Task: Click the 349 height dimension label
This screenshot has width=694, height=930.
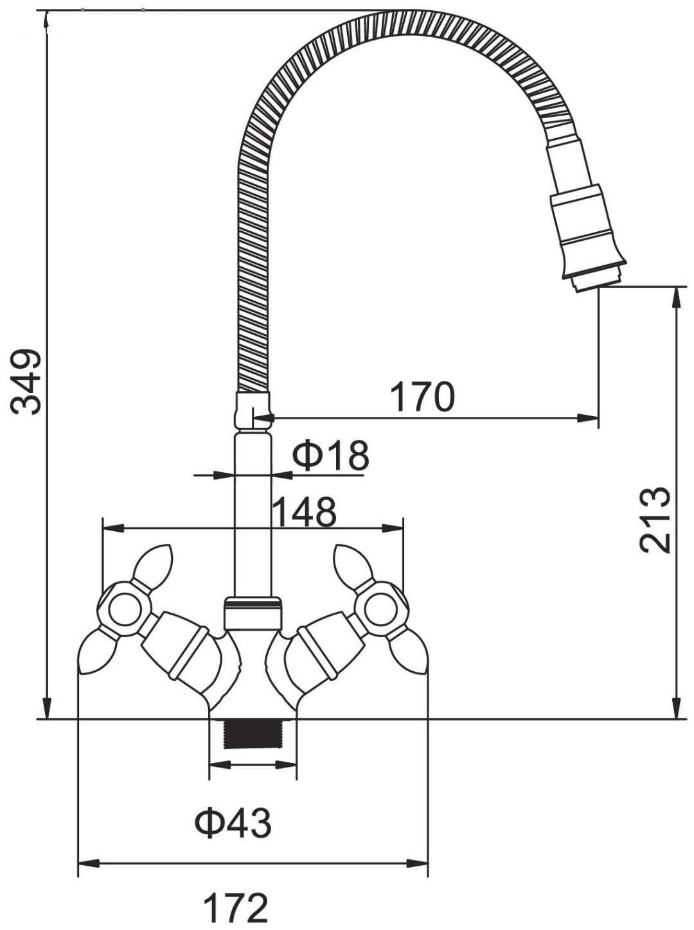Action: coord(26,382)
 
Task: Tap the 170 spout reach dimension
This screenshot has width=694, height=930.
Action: coord(422,396)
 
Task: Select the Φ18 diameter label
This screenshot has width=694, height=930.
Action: coord(330,455)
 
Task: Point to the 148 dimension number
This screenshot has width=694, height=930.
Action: coord(305,512)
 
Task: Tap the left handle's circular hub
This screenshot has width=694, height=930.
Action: coord(125,610)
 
